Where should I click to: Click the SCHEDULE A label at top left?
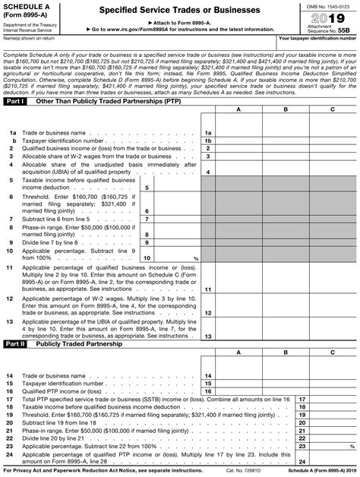coord(29,6)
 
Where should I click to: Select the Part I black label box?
coord(16,100)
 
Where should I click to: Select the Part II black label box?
coord(17,344)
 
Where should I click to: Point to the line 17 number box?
coord(302,398)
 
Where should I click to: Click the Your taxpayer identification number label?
coord(317,37)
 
